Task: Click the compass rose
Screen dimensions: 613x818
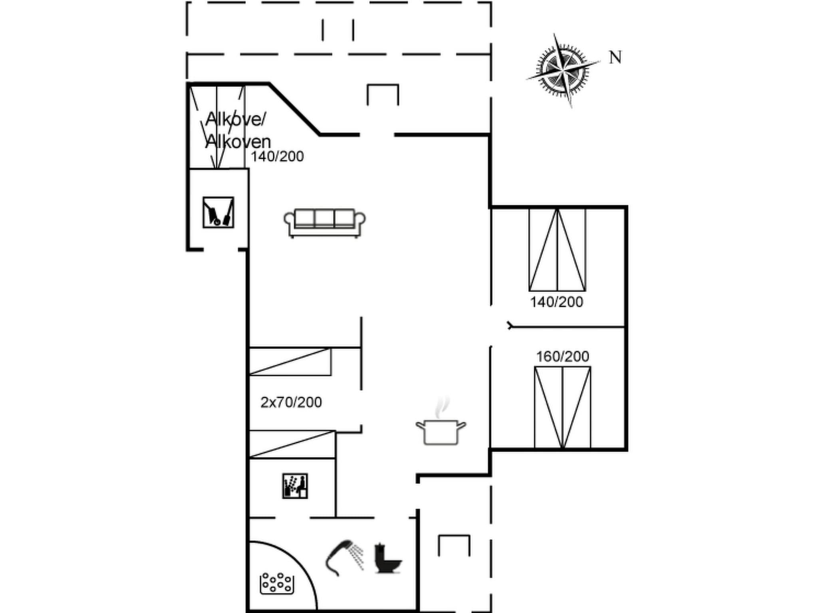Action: coord(563,71)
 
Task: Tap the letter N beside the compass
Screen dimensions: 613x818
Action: coord(615,58)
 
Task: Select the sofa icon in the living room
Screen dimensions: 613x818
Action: coord(324,223)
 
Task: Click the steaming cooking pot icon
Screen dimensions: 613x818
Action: coord(441,428)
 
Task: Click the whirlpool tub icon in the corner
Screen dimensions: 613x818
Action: coord(277,583)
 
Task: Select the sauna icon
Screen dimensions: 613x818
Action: coord(295,486)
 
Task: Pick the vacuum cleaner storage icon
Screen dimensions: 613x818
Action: coord(218,212)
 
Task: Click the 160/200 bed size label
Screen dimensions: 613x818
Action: coord(562,356)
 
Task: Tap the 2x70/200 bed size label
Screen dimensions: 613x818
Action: coord(291,402)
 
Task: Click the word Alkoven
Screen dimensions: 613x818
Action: coord(238,142)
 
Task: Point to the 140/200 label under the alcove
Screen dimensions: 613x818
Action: coord(277,156)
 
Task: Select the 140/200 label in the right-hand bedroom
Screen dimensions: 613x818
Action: coord(556,302)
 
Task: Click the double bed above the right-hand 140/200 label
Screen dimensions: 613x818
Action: coord(557,250)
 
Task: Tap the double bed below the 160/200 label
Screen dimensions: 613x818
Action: coord(562,407)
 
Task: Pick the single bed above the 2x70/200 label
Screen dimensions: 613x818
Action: coord(290,362)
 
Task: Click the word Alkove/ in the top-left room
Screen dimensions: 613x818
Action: coord(236,119)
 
